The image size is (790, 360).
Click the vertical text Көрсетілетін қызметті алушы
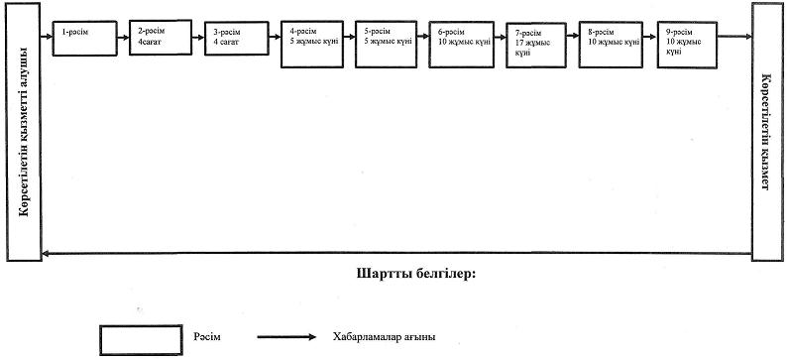click(x=24, y=132)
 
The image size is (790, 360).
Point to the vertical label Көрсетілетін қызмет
click(x=766, y=132)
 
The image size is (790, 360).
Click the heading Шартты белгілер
click(x=416, y=275)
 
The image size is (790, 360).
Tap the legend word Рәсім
click(x=206, y=337)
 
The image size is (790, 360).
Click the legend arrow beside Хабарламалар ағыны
click(x=286, y=337)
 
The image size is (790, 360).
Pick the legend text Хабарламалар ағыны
click(x=384, y=337)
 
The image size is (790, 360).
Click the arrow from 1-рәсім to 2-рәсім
click(x=123, y=37)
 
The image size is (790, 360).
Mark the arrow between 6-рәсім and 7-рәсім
click(x=501, y=37)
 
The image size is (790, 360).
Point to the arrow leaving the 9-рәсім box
click(x=735, y=37)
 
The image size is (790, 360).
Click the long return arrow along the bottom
click(x=396, y=253)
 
